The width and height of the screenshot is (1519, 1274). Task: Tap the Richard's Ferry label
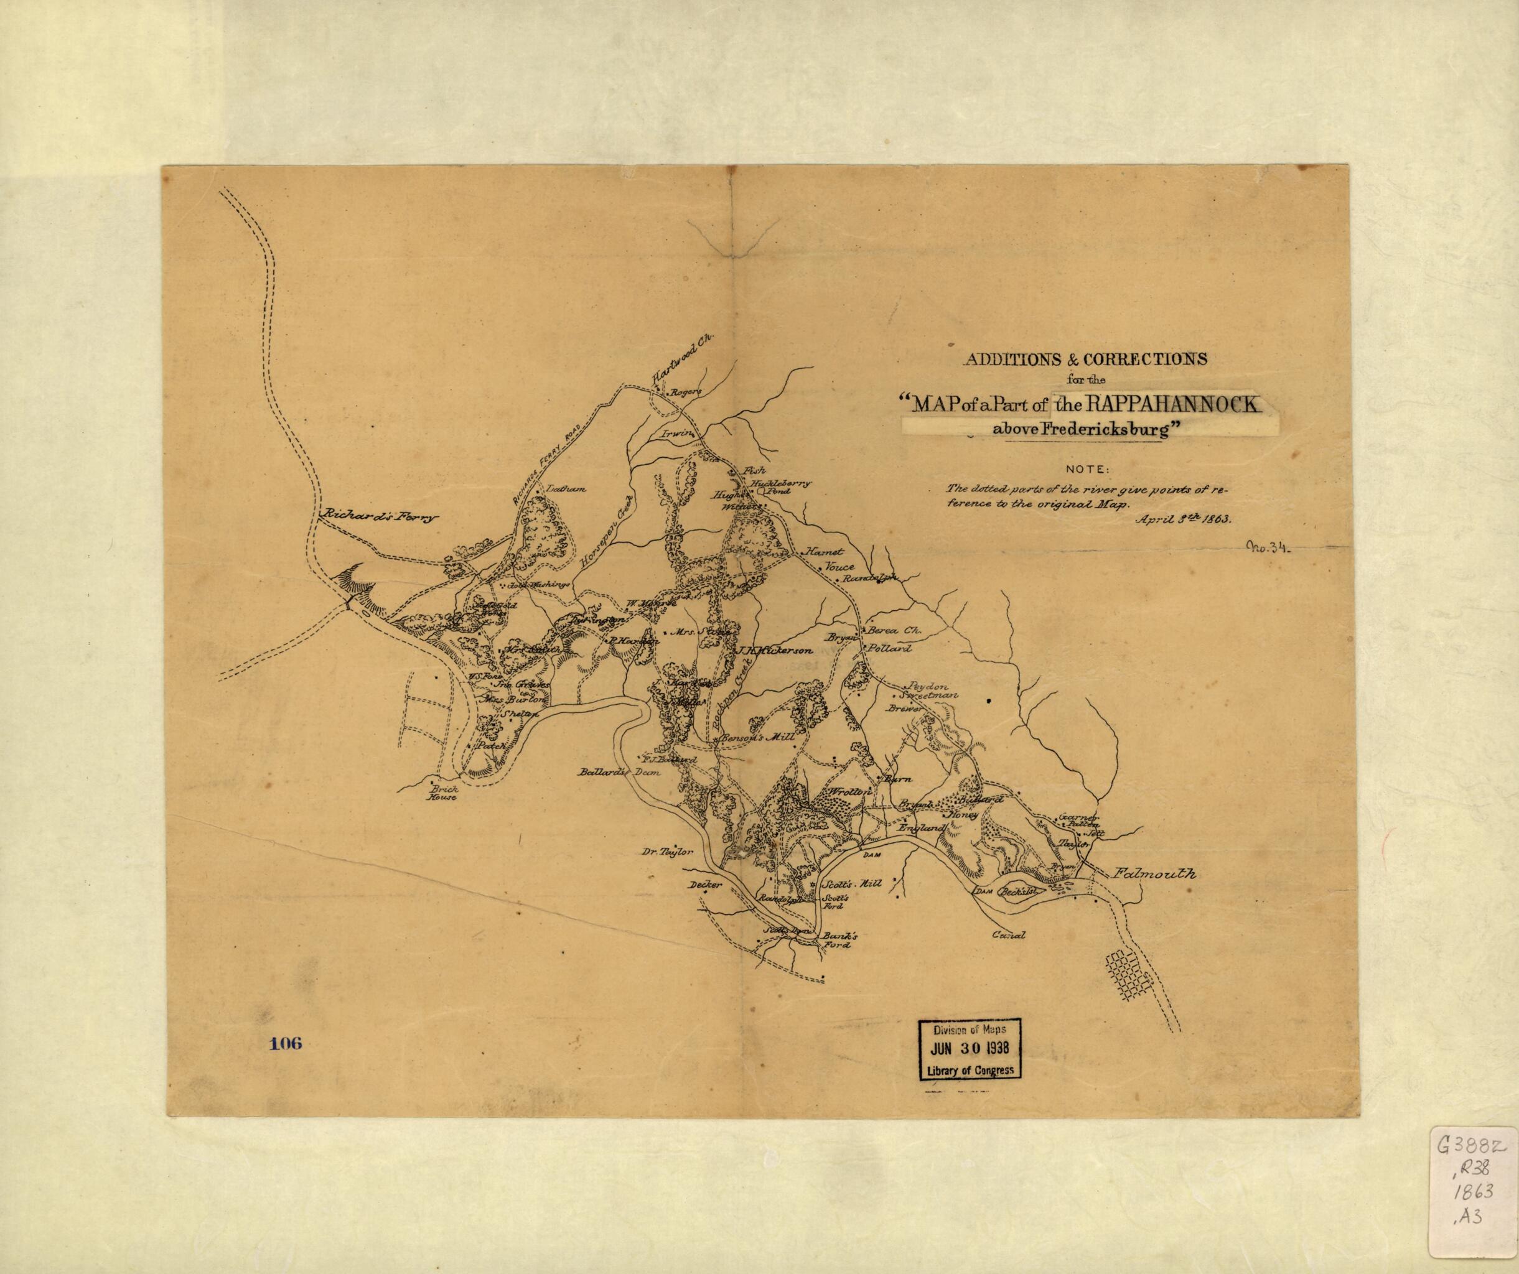[379, 517]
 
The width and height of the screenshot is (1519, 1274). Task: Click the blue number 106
[285, 1043]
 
